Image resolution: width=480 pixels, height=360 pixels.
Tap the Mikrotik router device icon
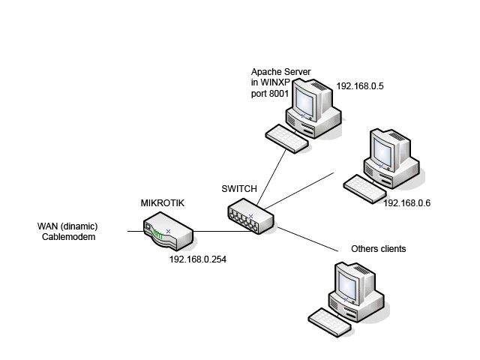[x=169, y=232]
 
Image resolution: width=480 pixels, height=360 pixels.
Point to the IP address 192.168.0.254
[x=198, y=259]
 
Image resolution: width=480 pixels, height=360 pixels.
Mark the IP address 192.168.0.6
[x=406, y=202]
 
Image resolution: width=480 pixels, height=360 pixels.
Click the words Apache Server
[x=280, y=72]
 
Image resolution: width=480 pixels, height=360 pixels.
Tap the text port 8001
[x=270, y=94]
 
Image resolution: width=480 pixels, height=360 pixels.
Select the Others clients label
[x=379, y=248]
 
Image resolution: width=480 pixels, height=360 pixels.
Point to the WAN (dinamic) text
[x=68, y=226]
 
